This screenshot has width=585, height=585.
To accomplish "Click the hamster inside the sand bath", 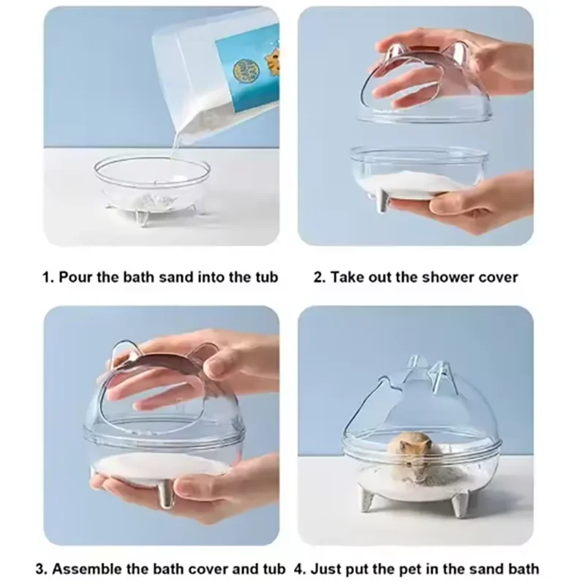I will tap(411, 453).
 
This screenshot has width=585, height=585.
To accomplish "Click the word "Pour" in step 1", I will tap(74, 278).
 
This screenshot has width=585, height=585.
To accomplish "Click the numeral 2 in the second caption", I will tap(318, 278).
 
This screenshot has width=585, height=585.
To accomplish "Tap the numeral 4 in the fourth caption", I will tap(299, 568).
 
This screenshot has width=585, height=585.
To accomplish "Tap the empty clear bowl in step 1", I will tap(154, 183).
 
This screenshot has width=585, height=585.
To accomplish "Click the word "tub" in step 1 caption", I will tap(265, 278).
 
